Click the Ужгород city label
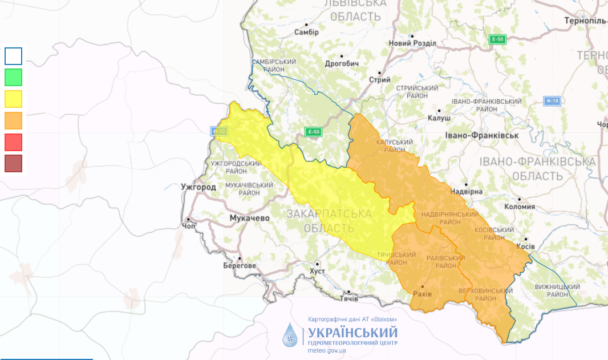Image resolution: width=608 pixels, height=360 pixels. click(198, 187)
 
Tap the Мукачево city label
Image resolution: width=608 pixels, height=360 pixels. click(249, 218)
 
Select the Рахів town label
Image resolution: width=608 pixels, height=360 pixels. click(423, 293)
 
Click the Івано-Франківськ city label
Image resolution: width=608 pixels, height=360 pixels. click(481, 136)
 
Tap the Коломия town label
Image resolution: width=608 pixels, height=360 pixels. click(520, 207)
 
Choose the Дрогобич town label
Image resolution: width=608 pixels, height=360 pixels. click(341, 63)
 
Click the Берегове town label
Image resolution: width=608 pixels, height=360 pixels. click(240, 266)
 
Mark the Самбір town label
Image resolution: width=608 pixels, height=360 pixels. click(306, 32)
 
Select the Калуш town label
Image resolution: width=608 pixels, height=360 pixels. click(439, 118)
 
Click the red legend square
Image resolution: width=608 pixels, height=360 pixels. click(14, 142)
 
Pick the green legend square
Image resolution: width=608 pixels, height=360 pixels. click(14, 77)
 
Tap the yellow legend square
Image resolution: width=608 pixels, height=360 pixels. click(14, 99)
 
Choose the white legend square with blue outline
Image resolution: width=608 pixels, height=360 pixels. click(14, 56)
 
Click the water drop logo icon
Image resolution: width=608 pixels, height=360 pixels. click(291, 335)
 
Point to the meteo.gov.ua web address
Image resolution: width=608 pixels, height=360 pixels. click(327, 350)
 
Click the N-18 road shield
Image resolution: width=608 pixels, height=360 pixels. click(552, 101)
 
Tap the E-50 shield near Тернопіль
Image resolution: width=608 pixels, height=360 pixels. click(498, 39)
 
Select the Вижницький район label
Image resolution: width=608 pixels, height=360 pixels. click(558, 290)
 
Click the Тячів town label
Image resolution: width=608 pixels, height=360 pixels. click(348, 298)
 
